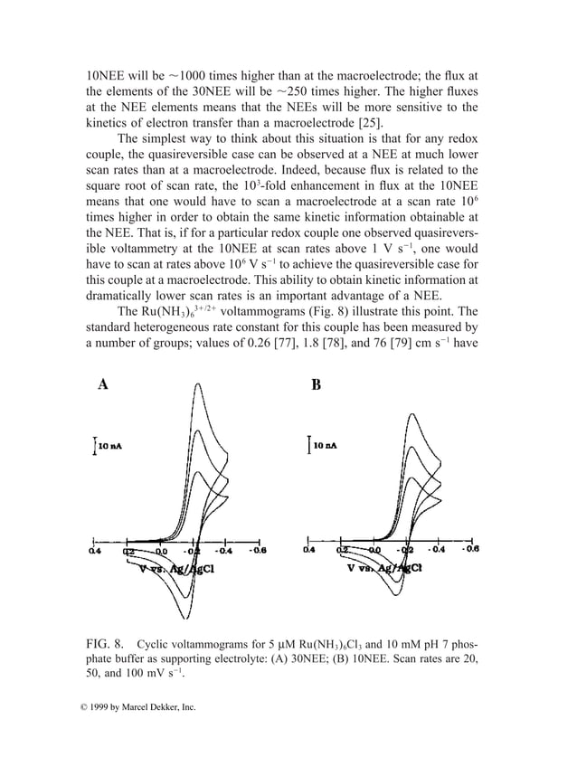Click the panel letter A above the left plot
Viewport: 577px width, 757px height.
tap(103, 383)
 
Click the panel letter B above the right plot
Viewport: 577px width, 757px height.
tap(316, 384)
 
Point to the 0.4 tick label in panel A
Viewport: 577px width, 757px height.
tap(94, 549)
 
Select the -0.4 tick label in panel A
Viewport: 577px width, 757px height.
tap(224, 549)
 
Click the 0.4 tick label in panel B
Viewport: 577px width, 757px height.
tap(308, 549)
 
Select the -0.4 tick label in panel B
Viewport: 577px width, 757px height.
tap(436, 549)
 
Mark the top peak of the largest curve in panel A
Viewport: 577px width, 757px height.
tap(196, 386)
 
